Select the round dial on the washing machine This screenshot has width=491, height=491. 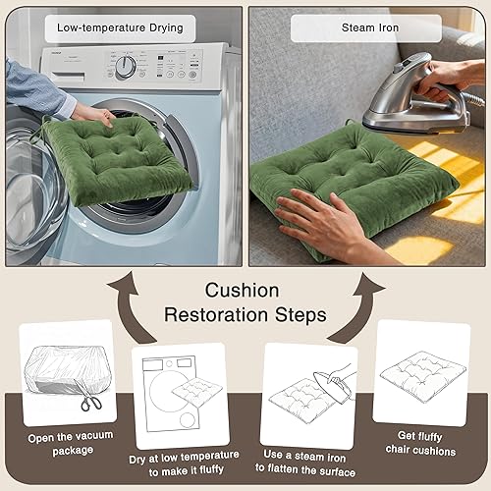pos(126,67)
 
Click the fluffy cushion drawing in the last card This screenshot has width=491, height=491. pos(421,377)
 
